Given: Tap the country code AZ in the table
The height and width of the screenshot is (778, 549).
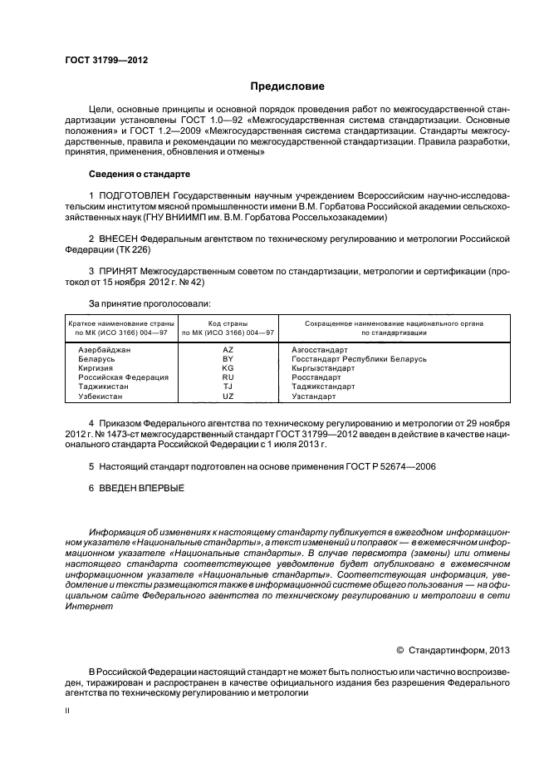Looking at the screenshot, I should click(228, 350).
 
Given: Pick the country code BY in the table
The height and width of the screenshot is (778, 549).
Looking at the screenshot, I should click(228, 358).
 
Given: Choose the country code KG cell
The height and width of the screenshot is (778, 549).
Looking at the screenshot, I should click(228, 367).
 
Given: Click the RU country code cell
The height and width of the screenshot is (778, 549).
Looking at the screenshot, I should click(228, 377).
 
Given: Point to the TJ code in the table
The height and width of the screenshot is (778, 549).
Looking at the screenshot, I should click(228, 386).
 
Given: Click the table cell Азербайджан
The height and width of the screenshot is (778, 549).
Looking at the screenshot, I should click(105, 350).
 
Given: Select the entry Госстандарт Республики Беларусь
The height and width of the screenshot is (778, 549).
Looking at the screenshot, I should click(359, 358).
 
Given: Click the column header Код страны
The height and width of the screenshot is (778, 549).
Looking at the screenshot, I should click(228, 323).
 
